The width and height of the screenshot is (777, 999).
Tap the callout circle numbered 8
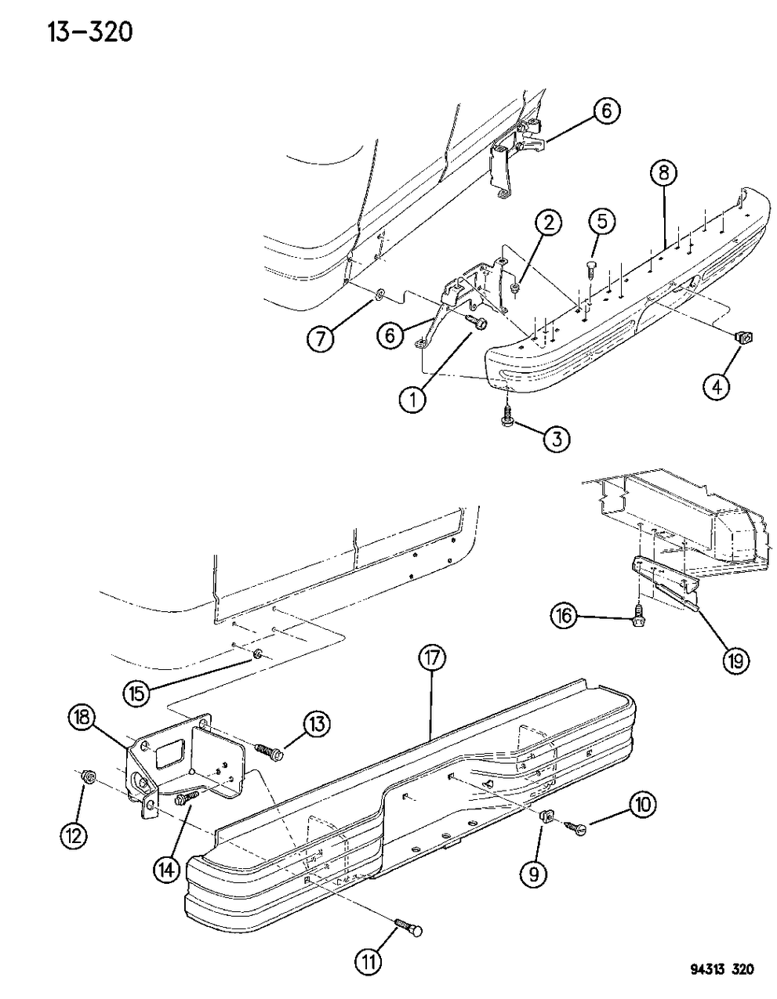(x=664, y=173)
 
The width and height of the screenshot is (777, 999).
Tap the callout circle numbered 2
(x=549, y=223)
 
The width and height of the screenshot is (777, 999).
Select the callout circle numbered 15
(x=139, y=692)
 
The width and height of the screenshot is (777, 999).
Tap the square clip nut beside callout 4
(x=741, y=338)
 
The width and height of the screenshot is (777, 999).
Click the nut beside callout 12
(x=89, y=777)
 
